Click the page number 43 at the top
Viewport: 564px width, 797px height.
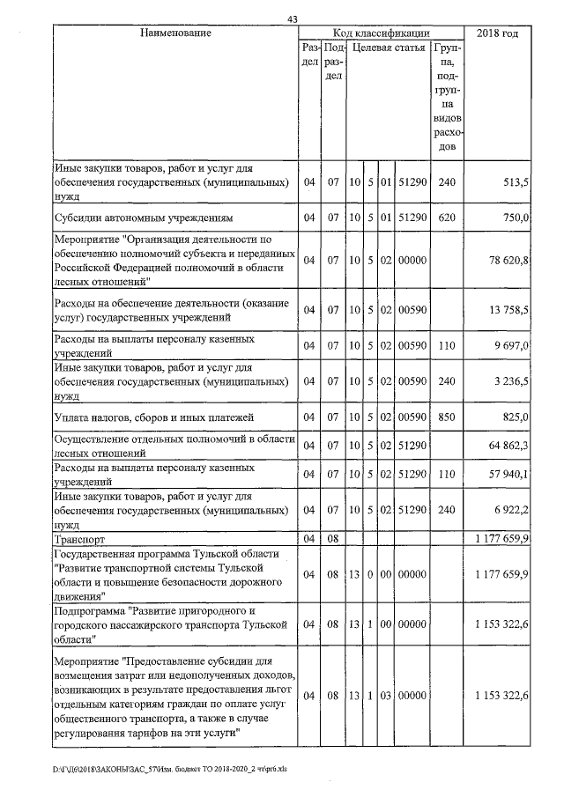(293, 20)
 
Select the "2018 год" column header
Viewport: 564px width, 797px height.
(497, 33)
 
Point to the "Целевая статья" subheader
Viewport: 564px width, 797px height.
(389, 48)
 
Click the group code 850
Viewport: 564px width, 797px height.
(447, 416)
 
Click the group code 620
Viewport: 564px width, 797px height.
(447, 217)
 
